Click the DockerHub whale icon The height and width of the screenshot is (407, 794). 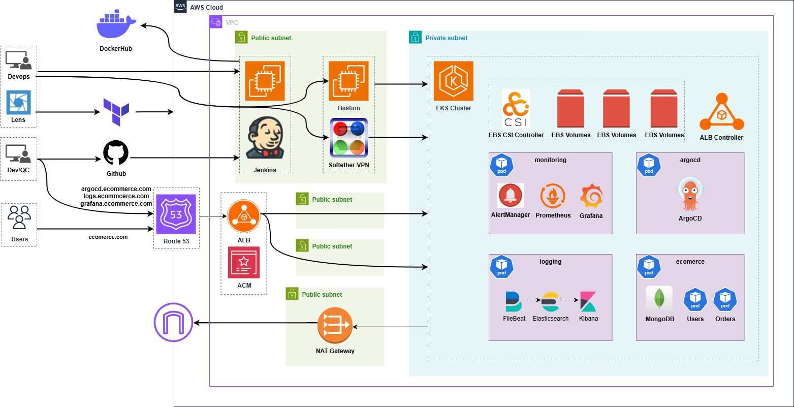pyautogui.click(x=116, y=26)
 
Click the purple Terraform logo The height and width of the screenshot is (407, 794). pyautogui.click(x=116, y=112)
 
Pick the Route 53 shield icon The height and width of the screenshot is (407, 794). pyautogui.click(x=176, y=214)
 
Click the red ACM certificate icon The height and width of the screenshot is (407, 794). pyautogui.click(x=243, y=262)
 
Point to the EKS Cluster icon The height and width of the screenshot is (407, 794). pyautogui.click(x=453, y=81)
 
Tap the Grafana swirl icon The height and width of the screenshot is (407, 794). pyautogui.click(x=591, y=197)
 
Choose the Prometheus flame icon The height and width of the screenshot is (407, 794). pyautogui.click(x=553, y=197)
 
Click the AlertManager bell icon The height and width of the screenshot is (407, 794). pyautogui.click(x=510, y=196)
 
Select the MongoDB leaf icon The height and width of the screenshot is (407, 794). pyautogui.click(x=659, y=299)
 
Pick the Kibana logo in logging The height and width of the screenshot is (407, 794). pyautogui.click(x=588, y=302)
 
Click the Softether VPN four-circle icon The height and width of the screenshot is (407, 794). pyautogui.click(x=348, y=137)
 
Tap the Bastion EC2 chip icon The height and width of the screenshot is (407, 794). pyautogui.click(x=348, y=81)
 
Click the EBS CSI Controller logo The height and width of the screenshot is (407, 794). pyautogui.click(x=516, y=109)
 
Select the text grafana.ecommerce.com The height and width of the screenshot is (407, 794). pyautogui.click(x=116, y=203)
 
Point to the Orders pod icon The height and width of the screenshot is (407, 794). pyautogui.click(x=725, y=300)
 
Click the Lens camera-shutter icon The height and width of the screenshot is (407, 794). pyautogui.click(x=18, y=103)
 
